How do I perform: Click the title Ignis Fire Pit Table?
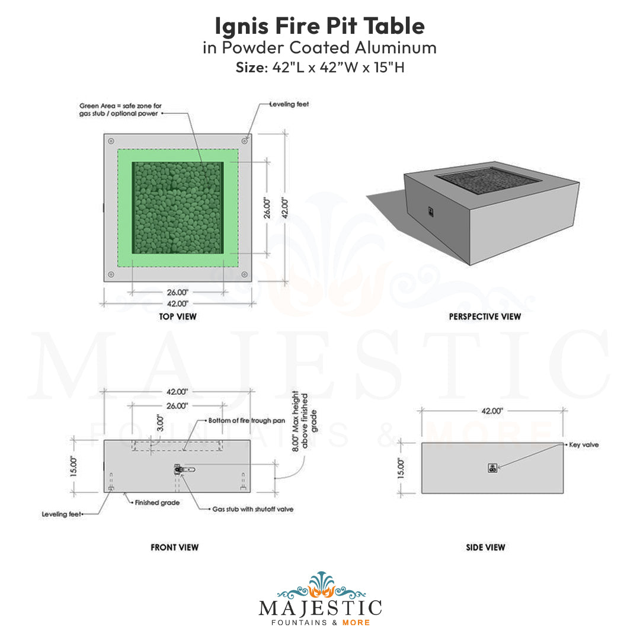tap(319, 26)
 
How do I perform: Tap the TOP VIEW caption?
tap(178, 316)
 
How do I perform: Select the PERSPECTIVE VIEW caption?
tap(485, 316)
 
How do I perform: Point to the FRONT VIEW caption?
tap(175, 547)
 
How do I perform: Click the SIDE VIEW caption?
tap(485, 547)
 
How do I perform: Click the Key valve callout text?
tap(583, 444)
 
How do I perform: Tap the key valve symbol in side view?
tap(491, 468)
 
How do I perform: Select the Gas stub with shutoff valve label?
tap(253, 509)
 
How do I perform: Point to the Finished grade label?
tap(157, 503)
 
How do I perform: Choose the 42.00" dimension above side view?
tap(492, 410)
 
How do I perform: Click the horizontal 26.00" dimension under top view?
tap(177, 292)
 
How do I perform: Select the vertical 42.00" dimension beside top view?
tap(284, 207)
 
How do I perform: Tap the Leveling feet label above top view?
tap(289, 104)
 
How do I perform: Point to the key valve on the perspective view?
tap(431, 210)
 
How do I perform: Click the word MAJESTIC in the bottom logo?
tap(320, 608)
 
